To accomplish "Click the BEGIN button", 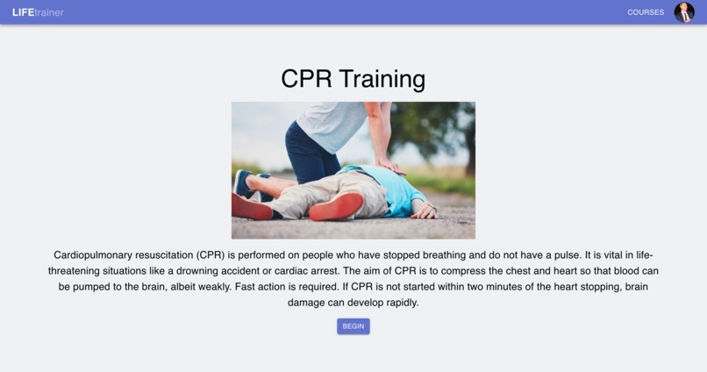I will (x=353, y=325).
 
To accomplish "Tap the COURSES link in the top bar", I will (x=646, y=12).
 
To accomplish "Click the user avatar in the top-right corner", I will (x=684, y=12).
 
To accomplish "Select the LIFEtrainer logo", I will (x=38, y=12).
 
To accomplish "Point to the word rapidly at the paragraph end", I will (x=399, y=303).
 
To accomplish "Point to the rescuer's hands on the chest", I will (x=391, y=167).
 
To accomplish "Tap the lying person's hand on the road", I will (x=425, y=212).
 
